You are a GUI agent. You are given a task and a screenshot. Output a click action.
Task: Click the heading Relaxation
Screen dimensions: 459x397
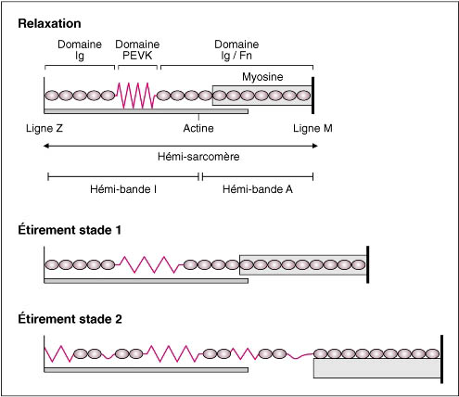[49, 24]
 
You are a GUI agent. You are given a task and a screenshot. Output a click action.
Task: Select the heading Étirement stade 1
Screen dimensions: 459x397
[70, 230]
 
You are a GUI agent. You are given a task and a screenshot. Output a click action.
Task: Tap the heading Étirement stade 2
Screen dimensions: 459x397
[70, 319]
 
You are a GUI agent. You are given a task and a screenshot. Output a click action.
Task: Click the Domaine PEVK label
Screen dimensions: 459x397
[137, 50]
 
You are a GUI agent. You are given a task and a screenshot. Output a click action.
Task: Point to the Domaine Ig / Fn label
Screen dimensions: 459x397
[236, 50]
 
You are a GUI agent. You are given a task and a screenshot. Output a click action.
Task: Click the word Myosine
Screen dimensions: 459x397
[262, 77]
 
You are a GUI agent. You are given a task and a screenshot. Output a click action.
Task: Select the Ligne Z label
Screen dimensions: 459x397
[45, 128]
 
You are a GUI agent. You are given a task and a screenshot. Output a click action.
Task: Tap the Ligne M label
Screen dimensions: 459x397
[312, 128]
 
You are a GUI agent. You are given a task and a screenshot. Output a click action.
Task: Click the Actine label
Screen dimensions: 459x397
[198, 128]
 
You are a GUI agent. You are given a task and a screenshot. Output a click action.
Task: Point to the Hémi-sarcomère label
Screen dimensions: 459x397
[198, 157]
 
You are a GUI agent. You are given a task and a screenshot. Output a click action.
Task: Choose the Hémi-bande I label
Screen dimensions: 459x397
[123, 189]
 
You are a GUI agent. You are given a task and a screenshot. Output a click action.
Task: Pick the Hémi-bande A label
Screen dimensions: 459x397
[258, 189]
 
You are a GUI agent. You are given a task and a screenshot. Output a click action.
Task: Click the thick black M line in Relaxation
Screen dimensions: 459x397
[313, 96]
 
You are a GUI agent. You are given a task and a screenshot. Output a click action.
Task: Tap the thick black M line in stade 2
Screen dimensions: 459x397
[441, 359]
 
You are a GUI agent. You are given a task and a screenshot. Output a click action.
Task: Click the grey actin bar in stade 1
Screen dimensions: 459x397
[146, 281]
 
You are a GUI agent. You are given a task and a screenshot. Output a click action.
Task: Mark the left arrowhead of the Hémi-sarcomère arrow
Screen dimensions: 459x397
[45, 146]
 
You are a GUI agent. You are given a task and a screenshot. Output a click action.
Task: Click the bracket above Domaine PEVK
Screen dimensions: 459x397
[137, 67]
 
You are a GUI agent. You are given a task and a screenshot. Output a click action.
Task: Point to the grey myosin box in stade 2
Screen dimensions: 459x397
[376, 368]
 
